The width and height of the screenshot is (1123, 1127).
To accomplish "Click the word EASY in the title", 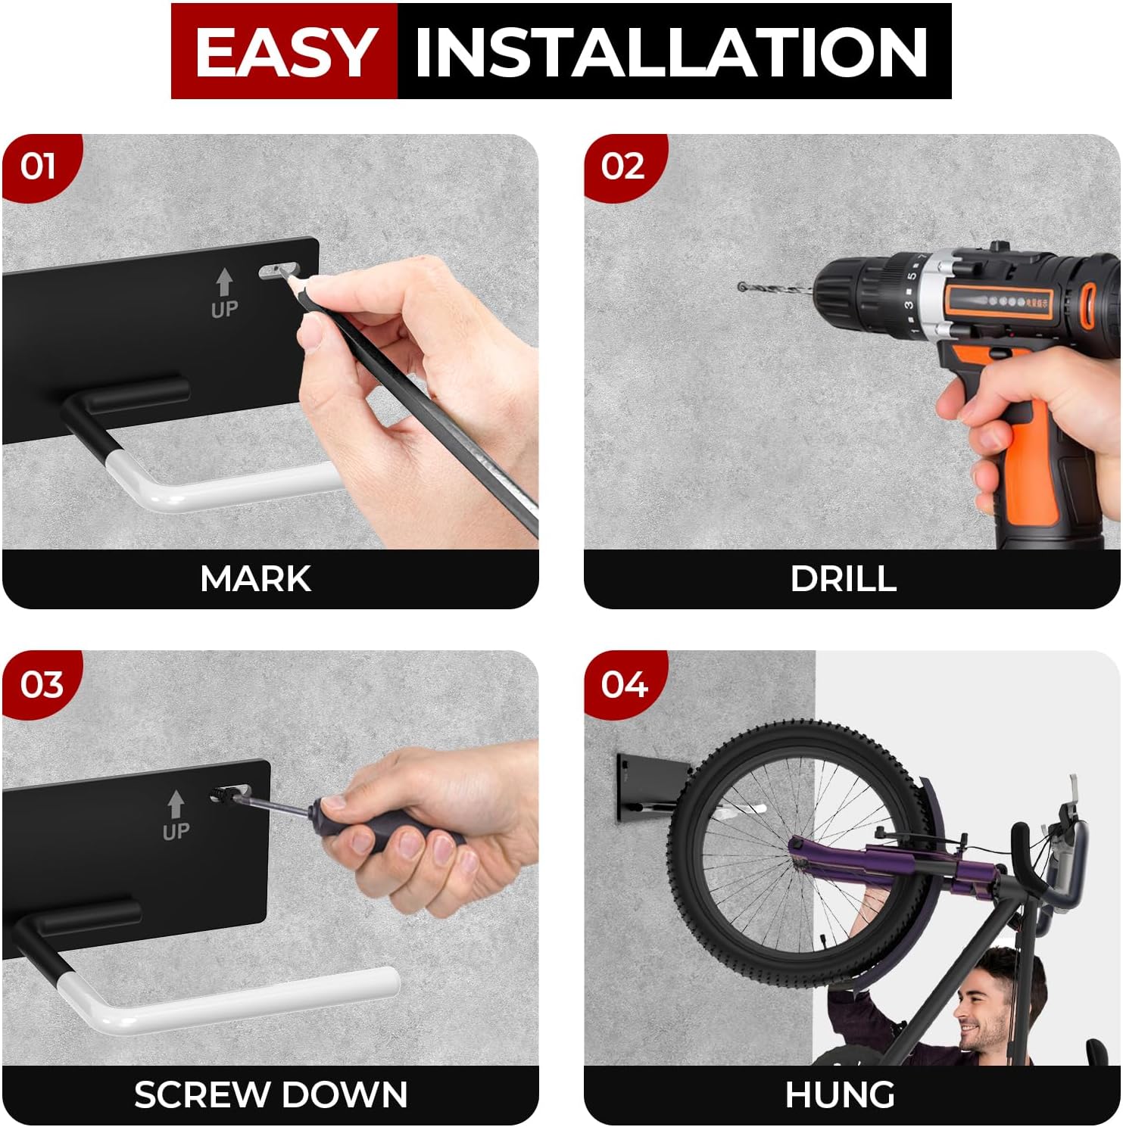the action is coord(284,52).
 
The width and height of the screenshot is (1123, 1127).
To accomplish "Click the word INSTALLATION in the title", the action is coord(672,52).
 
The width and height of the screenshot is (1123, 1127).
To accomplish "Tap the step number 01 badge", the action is coord(39,167).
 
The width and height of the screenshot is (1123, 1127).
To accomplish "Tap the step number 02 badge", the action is coord(622,167).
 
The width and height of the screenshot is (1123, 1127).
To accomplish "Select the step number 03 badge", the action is coord(41,685).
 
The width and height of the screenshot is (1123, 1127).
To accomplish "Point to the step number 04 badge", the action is coord(624,685).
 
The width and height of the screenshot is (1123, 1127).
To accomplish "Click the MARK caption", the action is coord(255,579).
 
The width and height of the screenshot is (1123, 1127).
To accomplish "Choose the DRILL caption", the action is coord(843,579).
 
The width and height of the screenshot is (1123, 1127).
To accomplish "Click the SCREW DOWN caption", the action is coord(270,1095).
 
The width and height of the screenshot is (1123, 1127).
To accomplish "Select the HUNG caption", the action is coord(840,1095).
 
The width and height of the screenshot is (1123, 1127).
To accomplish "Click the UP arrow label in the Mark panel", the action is coord(224,294).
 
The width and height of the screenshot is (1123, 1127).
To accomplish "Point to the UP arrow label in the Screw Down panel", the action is coord(176,816).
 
